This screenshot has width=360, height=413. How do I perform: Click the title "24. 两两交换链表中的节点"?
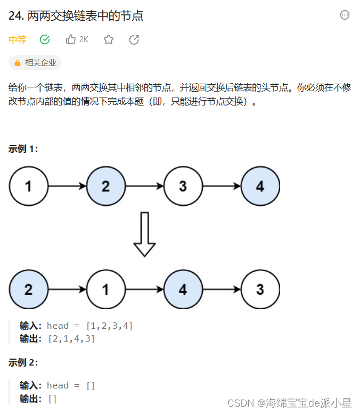tap(76, 16)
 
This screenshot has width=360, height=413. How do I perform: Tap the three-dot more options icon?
tap(345, 15)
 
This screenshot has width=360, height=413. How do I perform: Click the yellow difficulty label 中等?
tap(18, 39)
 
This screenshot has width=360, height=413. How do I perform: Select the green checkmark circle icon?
tap(45, 39)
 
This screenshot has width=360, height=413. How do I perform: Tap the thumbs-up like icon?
tap(71, 39)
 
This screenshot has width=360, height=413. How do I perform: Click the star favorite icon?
tap(109, 39)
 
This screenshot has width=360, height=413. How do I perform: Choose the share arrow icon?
tap(134, 39)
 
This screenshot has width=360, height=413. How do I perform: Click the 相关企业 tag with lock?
tap(35, 63)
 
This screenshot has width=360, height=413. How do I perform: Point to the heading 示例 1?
tap(23, 149)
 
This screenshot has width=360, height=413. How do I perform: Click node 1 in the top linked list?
tap(28, 187)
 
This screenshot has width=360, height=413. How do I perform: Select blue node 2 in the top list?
tap(105, 187)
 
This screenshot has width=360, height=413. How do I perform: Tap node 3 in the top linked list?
tap(183, 187)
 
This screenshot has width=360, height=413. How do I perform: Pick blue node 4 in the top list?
tap(260, 187)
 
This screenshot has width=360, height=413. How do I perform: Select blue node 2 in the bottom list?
tap(28, 289)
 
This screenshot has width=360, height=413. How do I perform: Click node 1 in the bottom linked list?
tap(105, 289)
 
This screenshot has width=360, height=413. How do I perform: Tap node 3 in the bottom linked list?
tap(260, 289)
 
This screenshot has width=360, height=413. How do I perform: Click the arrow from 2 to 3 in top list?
tap(144, 187)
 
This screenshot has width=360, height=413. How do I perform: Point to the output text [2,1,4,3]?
tap(71, 338)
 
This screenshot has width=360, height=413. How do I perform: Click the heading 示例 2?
tap(23, 362)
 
